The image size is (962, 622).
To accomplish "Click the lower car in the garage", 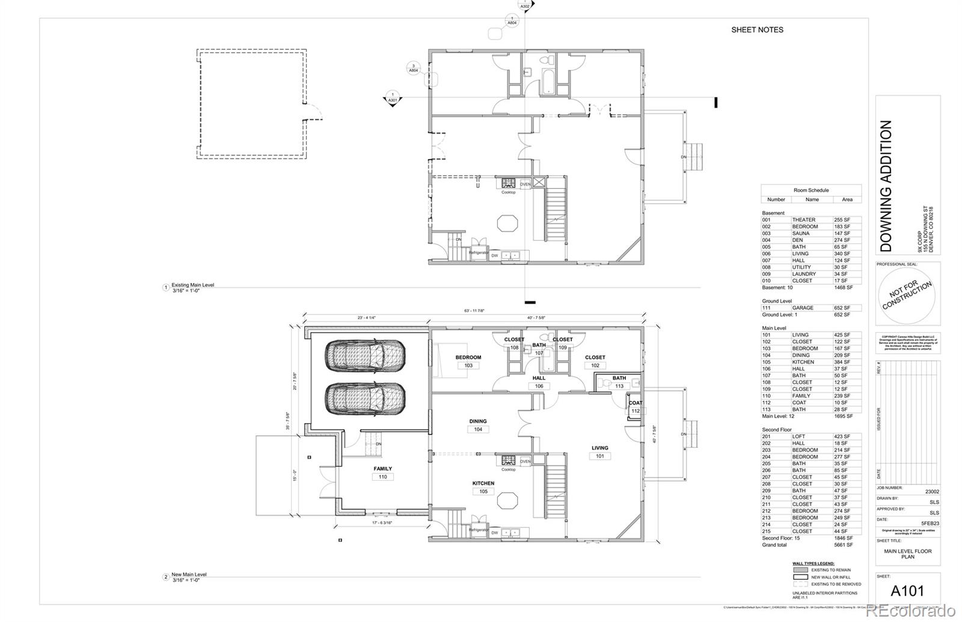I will click(x=365, y=398).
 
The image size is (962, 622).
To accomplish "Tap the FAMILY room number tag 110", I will click(x=383, y=477).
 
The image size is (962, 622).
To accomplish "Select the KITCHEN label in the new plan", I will click(x=483, y=483).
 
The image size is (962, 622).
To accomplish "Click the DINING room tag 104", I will click(x=478, y=429).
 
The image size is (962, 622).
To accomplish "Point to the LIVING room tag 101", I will click(x=599, y=456).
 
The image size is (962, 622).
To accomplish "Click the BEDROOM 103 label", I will click(x=468, y=358).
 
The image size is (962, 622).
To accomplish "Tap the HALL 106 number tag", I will click(x=539, y=386).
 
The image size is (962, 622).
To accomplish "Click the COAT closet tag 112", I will click(x=636, y=411).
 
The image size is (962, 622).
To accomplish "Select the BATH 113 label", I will click(x=619, y=378).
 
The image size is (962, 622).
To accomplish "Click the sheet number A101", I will click(x=907, y=591).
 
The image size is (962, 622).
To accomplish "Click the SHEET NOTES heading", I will click(x=757, y=29).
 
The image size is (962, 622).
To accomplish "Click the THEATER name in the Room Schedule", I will click(x=804, y=220).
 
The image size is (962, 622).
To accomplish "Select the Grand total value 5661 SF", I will click(x=843, y=545).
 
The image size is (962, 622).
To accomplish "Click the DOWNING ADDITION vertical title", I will click(x=886, y=186).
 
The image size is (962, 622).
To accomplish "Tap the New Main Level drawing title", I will click(x=189, y=575).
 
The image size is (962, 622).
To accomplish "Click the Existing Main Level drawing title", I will click(x=192, y=285).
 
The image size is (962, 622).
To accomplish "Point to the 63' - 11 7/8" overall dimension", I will click(x=474, y=311).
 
